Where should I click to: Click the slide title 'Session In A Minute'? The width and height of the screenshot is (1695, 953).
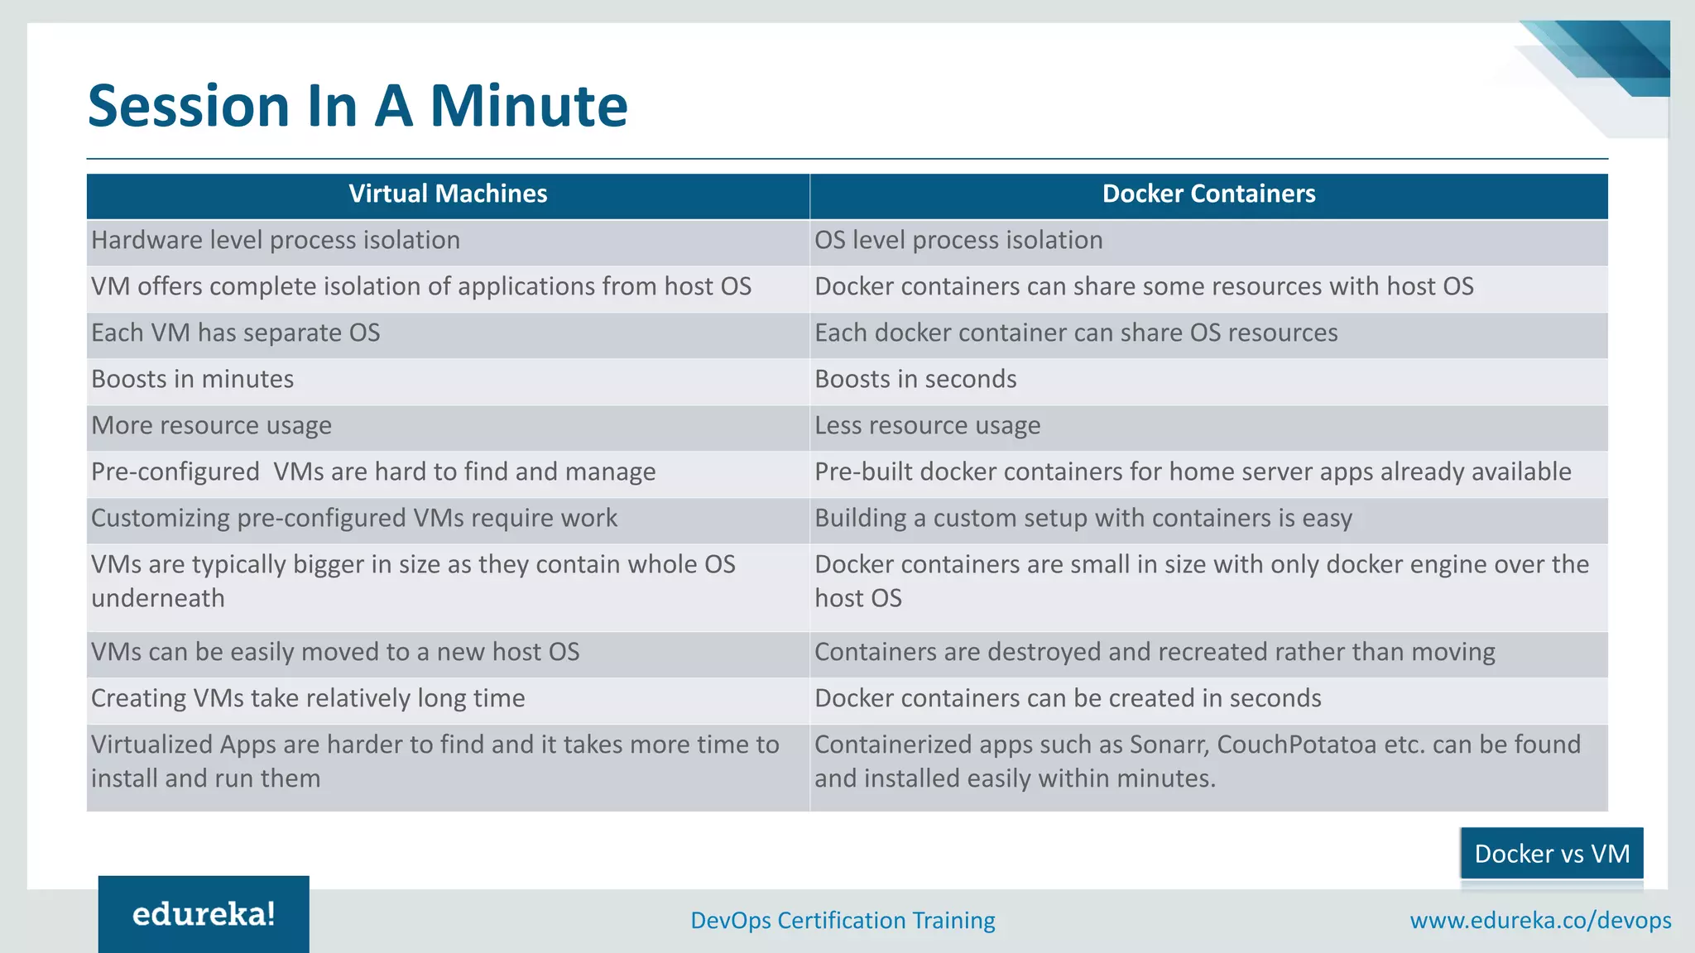coord(358,106)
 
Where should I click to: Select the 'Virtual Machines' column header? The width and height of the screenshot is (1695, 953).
coord(448,194)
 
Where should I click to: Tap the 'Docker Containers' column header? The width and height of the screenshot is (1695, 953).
coord(1208,194)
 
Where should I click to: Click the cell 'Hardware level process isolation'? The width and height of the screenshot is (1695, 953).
coord(276,241)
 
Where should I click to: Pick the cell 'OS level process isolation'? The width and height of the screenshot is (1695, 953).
coord(958,241)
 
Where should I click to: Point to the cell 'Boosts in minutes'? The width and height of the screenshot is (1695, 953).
coord(193,380)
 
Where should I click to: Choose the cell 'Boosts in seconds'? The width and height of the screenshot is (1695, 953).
coord(915,380)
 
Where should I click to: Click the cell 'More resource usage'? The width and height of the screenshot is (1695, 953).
coord(212,426)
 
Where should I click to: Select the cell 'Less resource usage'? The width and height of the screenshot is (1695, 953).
coord(927,426)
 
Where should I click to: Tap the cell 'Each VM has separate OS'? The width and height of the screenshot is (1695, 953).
coord(236,333)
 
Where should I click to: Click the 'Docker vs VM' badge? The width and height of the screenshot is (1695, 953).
coord(1552,853)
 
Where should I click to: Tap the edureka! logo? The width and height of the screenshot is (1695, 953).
coord(204,914)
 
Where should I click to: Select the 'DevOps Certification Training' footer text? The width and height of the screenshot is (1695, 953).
coord(843,921)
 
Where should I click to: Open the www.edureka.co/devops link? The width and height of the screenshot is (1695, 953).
coord(1540,921)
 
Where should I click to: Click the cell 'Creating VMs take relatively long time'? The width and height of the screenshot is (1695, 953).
coord(308,699)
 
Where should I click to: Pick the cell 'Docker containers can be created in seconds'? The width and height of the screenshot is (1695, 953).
coord(1068,699)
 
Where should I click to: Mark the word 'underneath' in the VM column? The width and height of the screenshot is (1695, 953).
coord(158,598)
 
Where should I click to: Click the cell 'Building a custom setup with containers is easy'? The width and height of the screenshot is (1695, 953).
coord(1083,519)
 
